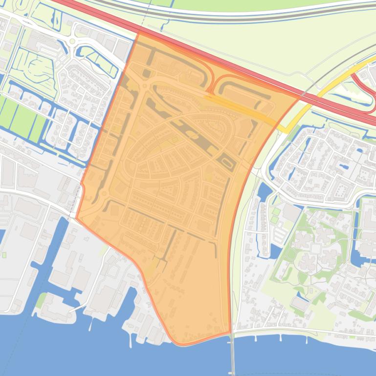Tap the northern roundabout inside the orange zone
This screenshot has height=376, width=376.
[145, 86]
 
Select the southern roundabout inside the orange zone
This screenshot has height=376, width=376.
[104, 194]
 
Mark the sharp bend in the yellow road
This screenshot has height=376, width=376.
[286, 130]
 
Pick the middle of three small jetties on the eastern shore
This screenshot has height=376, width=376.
[282, 337]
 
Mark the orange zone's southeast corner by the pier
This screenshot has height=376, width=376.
[230, 334]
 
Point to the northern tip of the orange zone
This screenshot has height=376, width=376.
[139, 32]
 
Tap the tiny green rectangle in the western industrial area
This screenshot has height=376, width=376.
[5, 254]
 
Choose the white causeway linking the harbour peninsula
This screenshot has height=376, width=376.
[77, 309]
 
